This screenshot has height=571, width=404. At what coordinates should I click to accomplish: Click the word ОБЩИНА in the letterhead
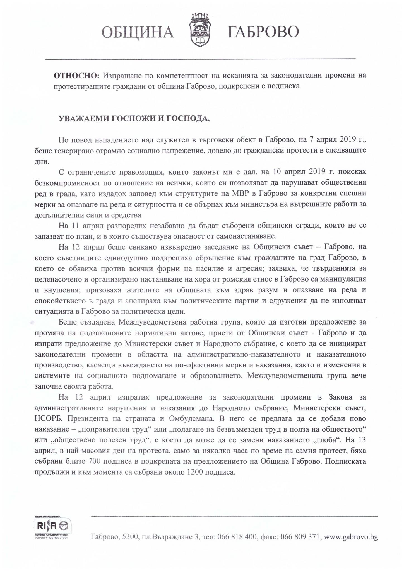point(138,32)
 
